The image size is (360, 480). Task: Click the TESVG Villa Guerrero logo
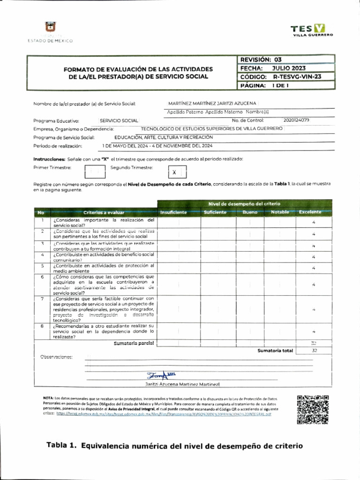click(313, 30)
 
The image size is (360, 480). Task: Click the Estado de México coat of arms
click(50, 29)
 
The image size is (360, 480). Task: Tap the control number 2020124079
click(296, 120)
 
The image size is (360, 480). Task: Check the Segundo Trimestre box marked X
click(174, 172)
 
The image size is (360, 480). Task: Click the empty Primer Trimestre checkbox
click(95, 172)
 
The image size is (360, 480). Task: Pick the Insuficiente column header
click(173, 212)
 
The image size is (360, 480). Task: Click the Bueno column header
click(250, 212)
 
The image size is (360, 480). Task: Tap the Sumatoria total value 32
click(314, 350)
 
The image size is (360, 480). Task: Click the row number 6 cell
click(42, 277)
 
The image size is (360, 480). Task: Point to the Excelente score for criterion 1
click(314, 223)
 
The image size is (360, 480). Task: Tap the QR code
click(313, 409)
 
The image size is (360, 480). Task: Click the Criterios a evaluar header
click(104, 212)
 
